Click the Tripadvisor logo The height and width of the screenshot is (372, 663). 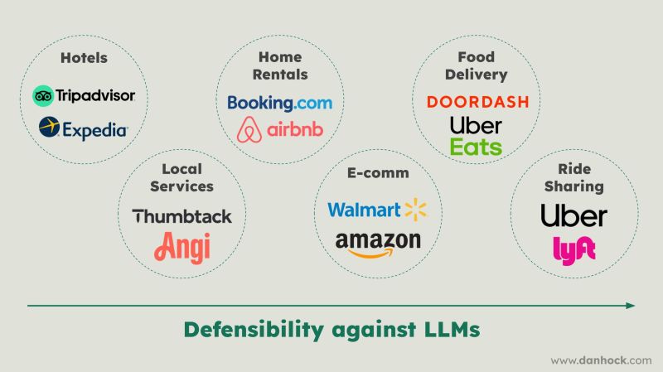point(83,95)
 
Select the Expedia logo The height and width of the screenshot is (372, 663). point(83,128)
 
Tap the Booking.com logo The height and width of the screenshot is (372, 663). point(279,103)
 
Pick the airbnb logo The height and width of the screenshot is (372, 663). point(279,130)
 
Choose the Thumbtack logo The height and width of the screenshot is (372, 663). point(182,216)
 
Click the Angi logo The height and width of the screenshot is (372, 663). point(182,246)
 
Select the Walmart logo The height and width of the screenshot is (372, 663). point(377,209)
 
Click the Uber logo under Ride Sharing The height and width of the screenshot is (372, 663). point(573,216)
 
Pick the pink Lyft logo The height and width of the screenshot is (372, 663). point(573,249)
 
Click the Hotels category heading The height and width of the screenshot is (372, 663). point(84,58)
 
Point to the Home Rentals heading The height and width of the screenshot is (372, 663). point(279,66)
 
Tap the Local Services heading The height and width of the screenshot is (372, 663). point(181,177)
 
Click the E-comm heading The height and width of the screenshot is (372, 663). point(377,173)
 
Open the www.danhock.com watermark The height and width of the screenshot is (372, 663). point(601,360)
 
